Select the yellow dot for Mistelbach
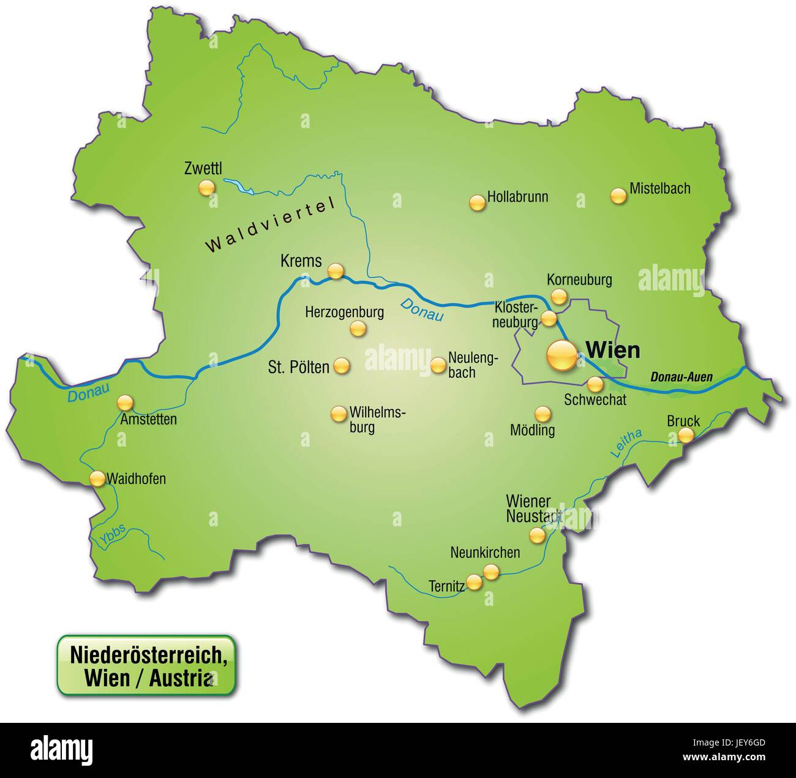coord(619,196)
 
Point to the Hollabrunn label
coord(517,197)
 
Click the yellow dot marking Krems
coord(336,271)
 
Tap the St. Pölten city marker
coord(341,366)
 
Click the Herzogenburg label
coord(344,312)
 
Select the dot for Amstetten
coord(125,402)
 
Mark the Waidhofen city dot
coord(97,478)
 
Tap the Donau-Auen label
coord(681,377)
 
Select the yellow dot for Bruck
coord(686,436)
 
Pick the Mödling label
coord(532,430)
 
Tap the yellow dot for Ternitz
coord(474,581)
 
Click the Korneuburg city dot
coord(558,296)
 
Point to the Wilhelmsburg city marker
coord(337,414)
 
